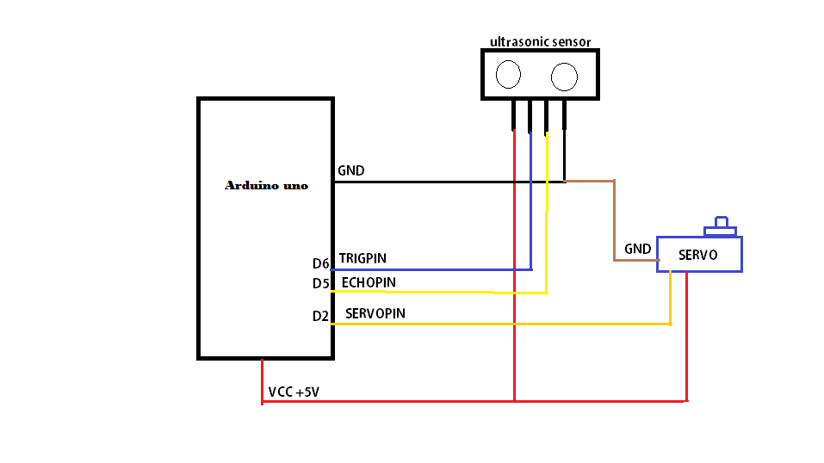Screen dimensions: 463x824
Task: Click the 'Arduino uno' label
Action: [266, 185]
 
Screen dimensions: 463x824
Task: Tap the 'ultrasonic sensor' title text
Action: [540, 41]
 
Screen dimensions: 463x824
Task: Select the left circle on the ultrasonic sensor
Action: [509, 75]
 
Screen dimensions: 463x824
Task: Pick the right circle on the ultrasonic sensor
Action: [565, 77]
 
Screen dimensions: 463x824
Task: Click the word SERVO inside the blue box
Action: [697, 256]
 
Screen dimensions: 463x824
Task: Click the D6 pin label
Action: [321, 263]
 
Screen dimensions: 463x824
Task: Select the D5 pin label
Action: [321, 283]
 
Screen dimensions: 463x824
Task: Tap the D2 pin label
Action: [321, 316]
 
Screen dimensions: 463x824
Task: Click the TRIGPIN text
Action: [362, 257]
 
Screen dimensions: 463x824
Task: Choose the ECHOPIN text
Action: [369, 281]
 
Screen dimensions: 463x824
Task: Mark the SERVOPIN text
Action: [375, 313]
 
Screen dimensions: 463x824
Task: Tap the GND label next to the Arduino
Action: [351, 170]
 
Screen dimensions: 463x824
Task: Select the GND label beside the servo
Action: [638, 249]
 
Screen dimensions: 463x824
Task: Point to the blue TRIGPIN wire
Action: [431, 269]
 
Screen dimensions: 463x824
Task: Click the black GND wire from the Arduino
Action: [431, 182]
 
